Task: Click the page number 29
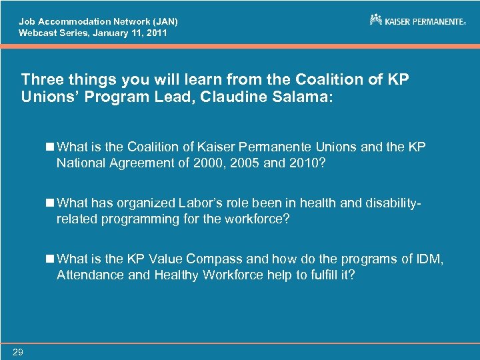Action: pos(17,353)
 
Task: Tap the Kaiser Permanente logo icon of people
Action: pos(376,20)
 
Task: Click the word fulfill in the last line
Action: pos(322,274)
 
